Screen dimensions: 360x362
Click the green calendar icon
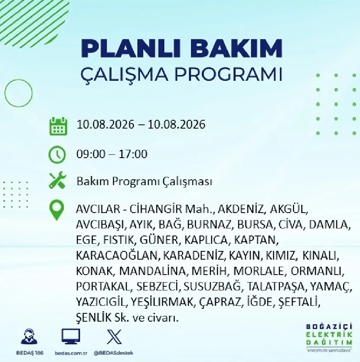(58, 126)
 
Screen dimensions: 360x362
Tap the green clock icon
(57, 154)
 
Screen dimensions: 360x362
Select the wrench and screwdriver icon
(57, 180)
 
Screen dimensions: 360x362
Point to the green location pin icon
(57, 210)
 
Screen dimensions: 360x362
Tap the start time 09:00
(91, 154)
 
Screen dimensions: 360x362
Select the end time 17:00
(133, 154)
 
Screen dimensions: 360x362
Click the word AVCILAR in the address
(98, 209)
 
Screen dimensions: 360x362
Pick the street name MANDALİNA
(153, 271)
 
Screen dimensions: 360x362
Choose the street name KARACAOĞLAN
(117, 255)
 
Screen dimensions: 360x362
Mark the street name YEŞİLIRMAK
(162, 302)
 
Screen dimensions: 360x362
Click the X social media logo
(114, 337)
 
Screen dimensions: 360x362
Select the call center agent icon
(29, 337)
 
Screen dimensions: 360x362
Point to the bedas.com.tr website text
(71, 353)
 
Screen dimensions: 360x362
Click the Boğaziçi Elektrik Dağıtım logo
(329, 338)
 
